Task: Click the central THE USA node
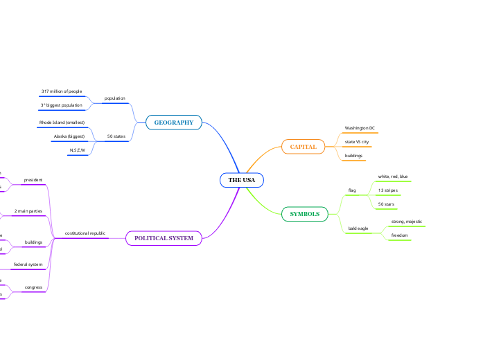click(242, 181)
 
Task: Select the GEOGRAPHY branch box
click(173, 123)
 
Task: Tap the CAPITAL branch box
click(303, 147)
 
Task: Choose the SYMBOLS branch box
click(305, 214)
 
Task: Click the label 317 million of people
click(61, 91)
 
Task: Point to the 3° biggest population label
click(62, 105)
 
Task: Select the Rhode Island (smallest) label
click(62, 123)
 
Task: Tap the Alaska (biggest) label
click(69, 136)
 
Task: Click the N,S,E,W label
click(77, 150)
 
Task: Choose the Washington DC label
click(360, 128)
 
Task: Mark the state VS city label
click(357, 142)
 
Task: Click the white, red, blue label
click(393, 177)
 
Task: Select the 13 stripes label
click(387, 190)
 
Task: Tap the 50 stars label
click(385, 204)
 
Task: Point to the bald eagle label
click(358, 228)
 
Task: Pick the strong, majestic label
click(407, 222)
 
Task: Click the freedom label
click(399, 235)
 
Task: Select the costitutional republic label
click(85, 233)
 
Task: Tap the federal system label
click(28, 264)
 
